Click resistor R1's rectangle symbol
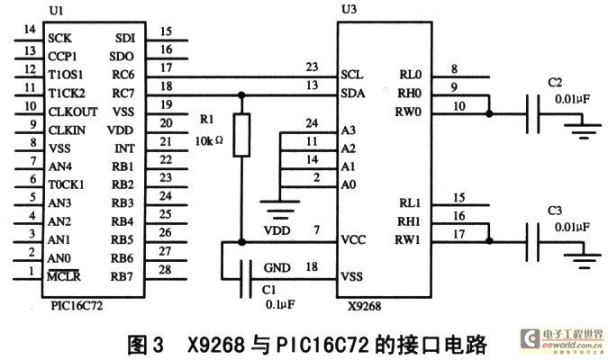pos(241,135)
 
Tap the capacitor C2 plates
pos(532,114)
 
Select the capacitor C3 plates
pos(532,242)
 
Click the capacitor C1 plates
pos(245,279)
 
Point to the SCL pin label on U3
pos(351,75)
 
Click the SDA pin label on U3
pos(352,93)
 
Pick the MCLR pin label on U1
pos(64,276)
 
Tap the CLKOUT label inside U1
pos(73,112)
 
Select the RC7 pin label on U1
pos(123,94)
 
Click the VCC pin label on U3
pos(353,239)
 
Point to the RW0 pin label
pos(408,112)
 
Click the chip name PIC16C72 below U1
pos(77,306)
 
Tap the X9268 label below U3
pos(364,307)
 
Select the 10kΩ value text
pos(209,140)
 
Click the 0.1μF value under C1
pos(280,304)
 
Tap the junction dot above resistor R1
pos(241,95)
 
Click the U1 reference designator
pos(57,11)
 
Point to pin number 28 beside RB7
pos(165,269)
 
